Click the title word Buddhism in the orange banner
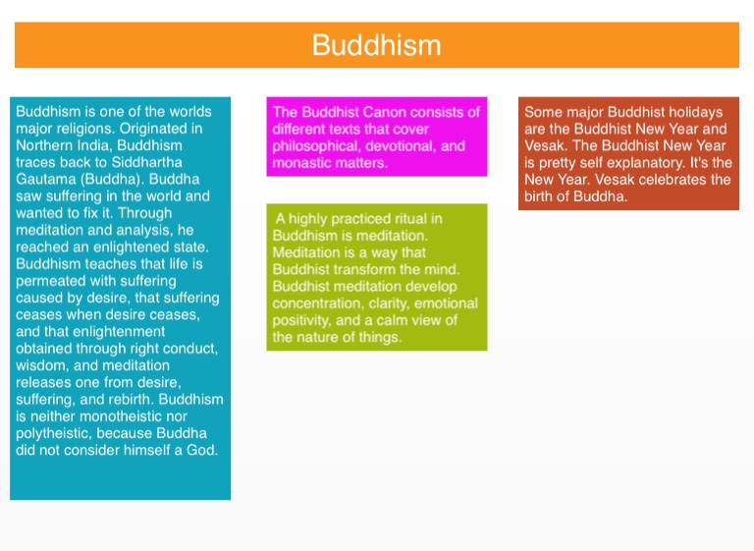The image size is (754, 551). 377,45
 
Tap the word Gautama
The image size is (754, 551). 46,180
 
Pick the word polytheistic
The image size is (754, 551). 53,433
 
